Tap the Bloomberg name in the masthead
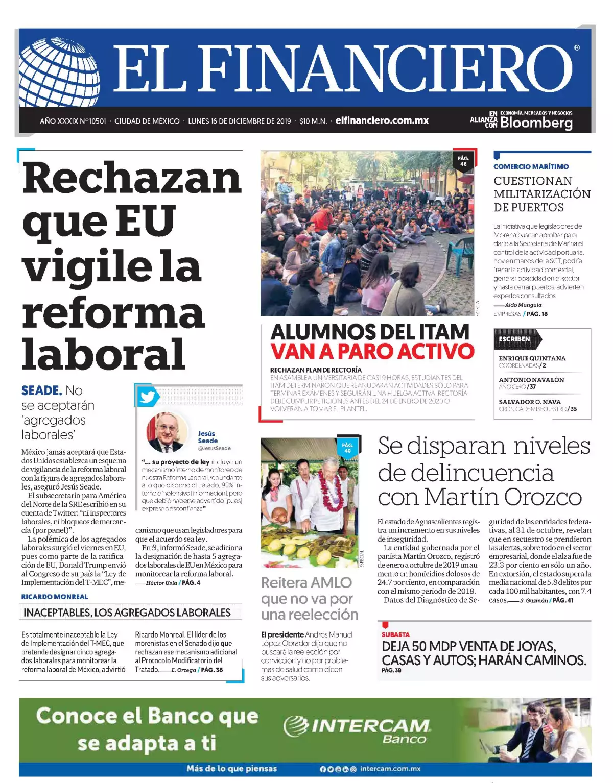tap(536, 123)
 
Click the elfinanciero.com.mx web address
tap(382, 121)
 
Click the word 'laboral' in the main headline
tap(103, 354)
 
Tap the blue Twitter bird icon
tap(148, 397)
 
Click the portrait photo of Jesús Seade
tap(166, 432)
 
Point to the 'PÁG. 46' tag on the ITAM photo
tap(463, 161)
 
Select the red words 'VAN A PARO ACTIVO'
tap(372, 351)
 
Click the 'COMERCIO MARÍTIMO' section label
tap(531, 166)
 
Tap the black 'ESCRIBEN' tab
tap(514, 339)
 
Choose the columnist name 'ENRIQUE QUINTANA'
tap(532, 358)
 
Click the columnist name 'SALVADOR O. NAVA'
tap(529, 402)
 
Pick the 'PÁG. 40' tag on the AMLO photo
tap(347, 448)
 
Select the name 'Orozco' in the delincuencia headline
tap(543, 497)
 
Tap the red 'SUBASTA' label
tap(395, 634)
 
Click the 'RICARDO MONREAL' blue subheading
tap(54, 597)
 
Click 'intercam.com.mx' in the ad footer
tap(390, 769)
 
